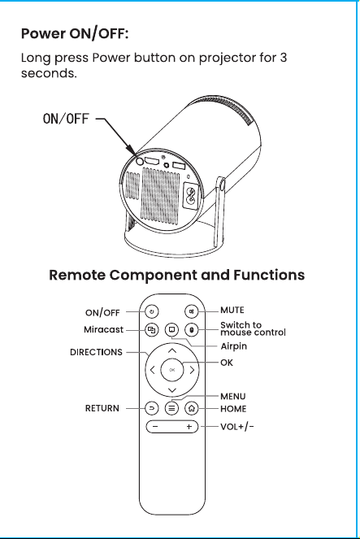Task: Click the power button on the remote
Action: (152, 311)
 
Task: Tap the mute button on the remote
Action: (191, 311)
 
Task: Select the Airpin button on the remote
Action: (171, 330)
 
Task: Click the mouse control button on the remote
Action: (191, 330)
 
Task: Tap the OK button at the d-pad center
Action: (172, 370)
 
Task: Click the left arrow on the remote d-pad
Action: (153, 370)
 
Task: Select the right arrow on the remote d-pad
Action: (192, 370)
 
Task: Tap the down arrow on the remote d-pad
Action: (172, 389)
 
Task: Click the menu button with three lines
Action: (171, 408)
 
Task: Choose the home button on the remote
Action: (191, 408)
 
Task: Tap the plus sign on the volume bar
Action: (189, 427)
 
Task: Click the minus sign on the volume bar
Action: (155, 427)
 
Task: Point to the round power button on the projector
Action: (140, 161)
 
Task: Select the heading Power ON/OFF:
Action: (75, 34)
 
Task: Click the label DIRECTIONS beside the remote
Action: (96, 352)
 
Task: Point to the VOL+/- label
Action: (237, 427)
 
